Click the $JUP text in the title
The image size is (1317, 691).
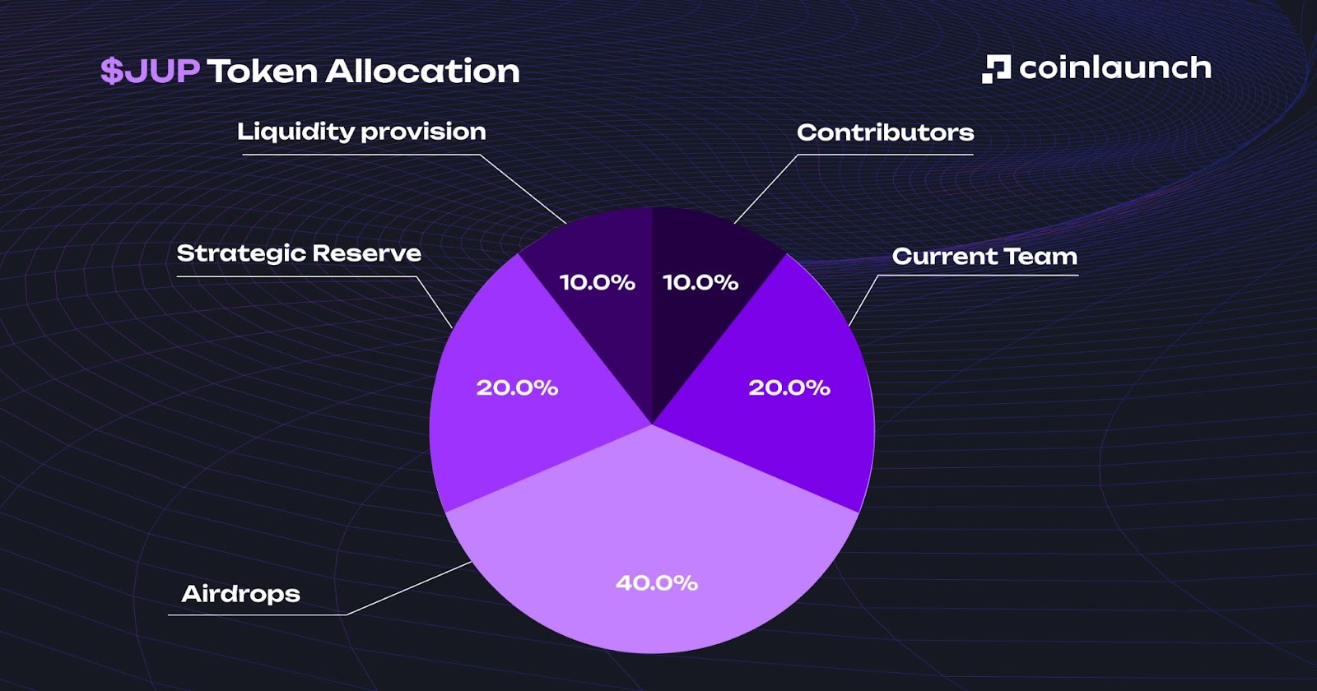coord(150,72)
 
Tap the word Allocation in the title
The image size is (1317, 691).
coord(423,72)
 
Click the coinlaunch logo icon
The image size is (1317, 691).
coord(996,69)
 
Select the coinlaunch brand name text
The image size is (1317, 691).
coord(1115,68)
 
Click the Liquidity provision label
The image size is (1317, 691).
coord(361,132)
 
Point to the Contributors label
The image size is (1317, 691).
coord(885,132)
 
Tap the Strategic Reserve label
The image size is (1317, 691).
coord(299,253)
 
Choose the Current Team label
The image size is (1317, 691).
coord(984,257)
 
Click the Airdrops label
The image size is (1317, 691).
coord(240,594)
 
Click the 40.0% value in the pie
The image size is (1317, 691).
coord(657,583)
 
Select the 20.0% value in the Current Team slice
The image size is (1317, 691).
coord(789,387)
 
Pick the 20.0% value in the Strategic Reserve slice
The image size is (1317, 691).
coord(517,387)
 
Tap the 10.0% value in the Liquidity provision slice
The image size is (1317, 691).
coord(597,283)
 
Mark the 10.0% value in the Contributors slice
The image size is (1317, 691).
coord(700,283)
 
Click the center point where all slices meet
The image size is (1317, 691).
coord(652,424)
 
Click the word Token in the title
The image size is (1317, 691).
coord(262,72)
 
